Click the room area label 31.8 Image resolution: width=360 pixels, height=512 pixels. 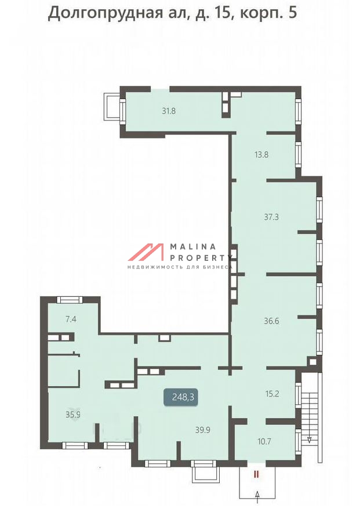click(169, 111)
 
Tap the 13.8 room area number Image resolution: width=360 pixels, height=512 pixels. click(261, 154)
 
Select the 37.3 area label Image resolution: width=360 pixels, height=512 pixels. click(271, 217)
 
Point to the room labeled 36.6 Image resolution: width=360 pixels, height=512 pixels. click(271, 321)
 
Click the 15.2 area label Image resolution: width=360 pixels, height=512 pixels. click(272, 394)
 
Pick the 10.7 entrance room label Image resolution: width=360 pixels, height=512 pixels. click(264, 441)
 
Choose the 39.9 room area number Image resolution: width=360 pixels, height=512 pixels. click(203, 430)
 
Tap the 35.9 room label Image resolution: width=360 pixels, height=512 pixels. click(73, 415)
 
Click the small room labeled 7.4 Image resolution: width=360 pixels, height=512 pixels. click(71, 319)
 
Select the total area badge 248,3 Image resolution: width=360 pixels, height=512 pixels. click(181, 397)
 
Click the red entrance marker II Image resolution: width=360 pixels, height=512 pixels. click(256, 474)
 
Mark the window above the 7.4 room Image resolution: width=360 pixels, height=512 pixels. click(69, 299)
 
